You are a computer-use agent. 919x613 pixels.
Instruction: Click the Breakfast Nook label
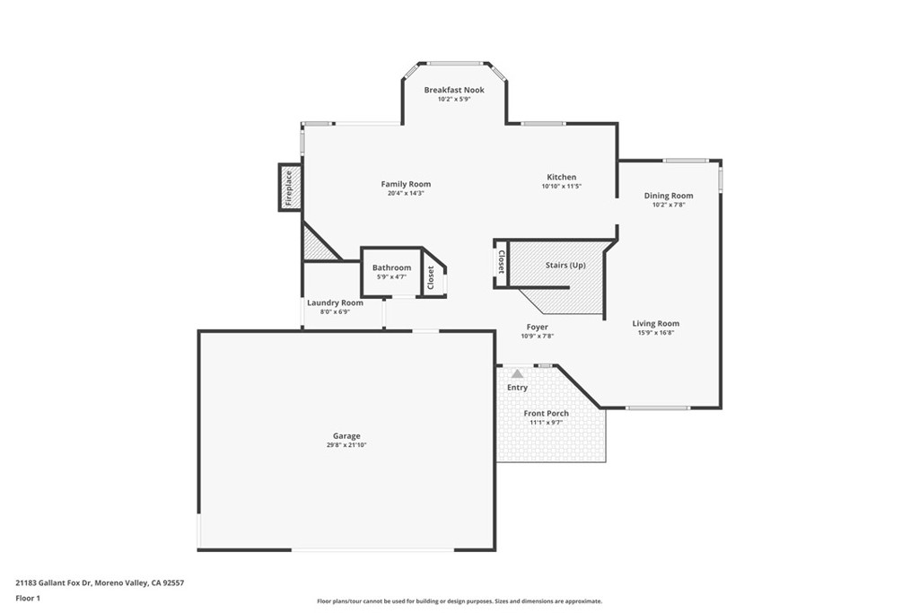pyautogui.click(x=454, y=90)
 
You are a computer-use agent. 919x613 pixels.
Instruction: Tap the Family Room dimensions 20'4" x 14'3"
pyautogui.click(x=406, y=193)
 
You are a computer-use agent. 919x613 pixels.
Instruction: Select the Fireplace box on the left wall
pyautogui.click(x=290, y=188)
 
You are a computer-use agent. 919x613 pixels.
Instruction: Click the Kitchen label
pyautogui.click(x=562, y=177)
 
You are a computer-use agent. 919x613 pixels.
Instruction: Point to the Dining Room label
pyautogui.click(x=669, y=196)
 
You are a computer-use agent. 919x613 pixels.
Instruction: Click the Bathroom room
pyautogui.click(x=391, y=271)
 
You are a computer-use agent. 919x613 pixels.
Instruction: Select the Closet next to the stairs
pyautogui.click(x=501, y=264)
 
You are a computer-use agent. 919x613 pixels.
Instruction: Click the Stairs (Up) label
pyautogui.click(x=565, y=266)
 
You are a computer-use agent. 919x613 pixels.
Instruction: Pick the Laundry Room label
pyautogui.click(x=335, y=302)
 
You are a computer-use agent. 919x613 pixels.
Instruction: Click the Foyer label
pyautogui.click(x=537, y=327)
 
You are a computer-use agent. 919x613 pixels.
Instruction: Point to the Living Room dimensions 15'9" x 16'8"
pyautogui.click(x=655, y=333)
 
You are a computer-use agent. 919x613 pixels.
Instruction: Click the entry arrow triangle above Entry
pyautogui.click(x=517, y=372)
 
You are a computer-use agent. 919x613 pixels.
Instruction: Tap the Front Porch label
pyautogui.click(x=547, y=413)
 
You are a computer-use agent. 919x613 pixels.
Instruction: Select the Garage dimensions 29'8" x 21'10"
pyautogui.click(x=346, y=445)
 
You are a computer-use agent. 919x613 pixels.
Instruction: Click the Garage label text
pyautogui.click(x=346, y=436)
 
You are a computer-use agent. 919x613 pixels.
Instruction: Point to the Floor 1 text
pyautogui.click(x=29, y=597)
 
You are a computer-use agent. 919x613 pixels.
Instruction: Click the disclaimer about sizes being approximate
pyautogui.click(x=459, y=601)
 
